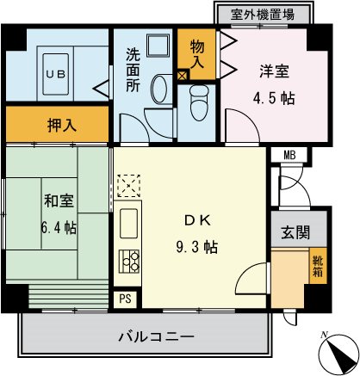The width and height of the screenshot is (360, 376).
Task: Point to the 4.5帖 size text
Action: coord(276,98)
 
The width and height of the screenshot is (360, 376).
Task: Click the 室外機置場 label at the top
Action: coord(264,14)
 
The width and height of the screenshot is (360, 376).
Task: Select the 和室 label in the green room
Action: coord(59,203)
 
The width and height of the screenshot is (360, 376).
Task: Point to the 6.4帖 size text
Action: coord(59,228)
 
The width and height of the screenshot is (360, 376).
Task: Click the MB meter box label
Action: coord(289,155)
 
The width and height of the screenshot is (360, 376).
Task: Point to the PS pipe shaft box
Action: coord(125,298)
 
